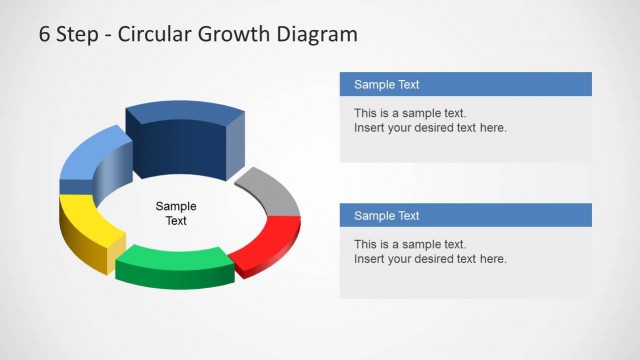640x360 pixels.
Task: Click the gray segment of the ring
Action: [272, 190]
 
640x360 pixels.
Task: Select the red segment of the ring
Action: [267, 242]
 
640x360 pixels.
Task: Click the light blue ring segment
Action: [88, 160]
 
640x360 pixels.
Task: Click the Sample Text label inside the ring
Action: [176, 213]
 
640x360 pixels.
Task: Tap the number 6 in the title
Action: [45, 34]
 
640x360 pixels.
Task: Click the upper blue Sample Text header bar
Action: [465, 84]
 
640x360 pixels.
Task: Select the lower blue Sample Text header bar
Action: [465, 215]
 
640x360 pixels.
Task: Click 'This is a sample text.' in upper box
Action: [410, 113]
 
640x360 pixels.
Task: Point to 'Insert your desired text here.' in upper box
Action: [430, 128]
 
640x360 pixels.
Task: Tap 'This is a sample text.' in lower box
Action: [410, 244]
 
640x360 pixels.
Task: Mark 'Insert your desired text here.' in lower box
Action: [430, 259]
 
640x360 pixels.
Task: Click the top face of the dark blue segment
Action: [185, 112]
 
